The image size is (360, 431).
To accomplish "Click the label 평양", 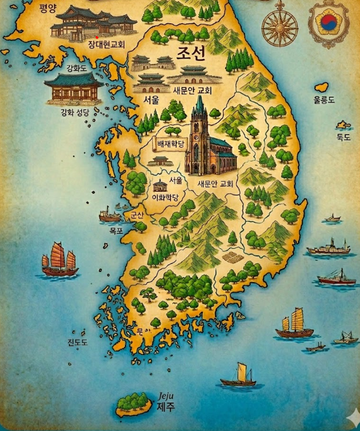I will pos(47,8).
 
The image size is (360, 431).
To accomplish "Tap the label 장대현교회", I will pos(106,45).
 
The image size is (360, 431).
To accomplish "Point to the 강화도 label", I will pos(78,68).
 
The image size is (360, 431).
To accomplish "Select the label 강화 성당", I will pos(75,113).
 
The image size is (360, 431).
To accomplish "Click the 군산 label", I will pos(136,215).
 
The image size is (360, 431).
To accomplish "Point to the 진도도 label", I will pos(77,342).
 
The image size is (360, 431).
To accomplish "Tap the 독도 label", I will pos(343,138).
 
